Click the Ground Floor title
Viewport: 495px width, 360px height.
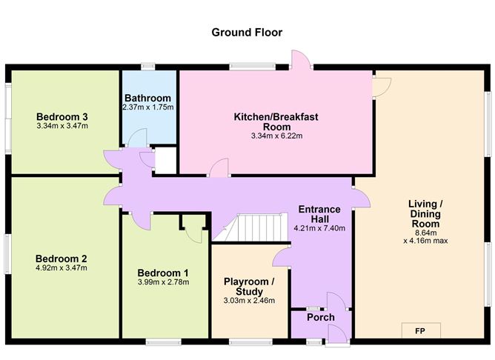coord(247,33)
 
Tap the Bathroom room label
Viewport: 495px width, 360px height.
coord(147,98)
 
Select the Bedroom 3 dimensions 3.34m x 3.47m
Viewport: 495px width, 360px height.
coord(62,126)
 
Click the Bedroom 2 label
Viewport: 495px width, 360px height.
coord(62,259)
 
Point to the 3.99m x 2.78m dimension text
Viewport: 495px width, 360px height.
coord(163,281)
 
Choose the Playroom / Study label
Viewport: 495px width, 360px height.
coord(249,286)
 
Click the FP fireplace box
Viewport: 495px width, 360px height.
coord(421,330)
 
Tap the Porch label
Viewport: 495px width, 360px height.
coord(321,317)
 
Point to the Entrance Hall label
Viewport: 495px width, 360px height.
coord(319,214)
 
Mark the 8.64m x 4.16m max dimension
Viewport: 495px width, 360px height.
coord(425,237)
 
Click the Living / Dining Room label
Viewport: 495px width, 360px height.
coord(425,214)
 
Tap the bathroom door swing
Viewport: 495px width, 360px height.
coord(137,138)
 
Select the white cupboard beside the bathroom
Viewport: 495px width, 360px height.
coord(165,160)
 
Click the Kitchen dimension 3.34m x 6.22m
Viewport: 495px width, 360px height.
coord(277,136)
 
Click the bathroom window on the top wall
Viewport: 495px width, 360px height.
coord(148,67)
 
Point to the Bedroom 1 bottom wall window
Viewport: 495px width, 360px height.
coord(164,341)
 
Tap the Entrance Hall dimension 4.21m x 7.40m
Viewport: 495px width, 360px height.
coord(319,228)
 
